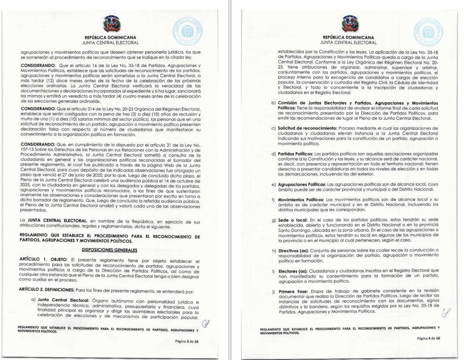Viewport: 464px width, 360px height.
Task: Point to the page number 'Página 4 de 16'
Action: pos(428,338)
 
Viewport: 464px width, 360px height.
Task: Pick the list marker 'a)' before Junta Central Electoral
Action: pos(34,300)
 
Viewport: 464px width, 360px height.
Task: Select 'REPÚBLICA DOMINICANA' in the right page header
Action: pos(348,38)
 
